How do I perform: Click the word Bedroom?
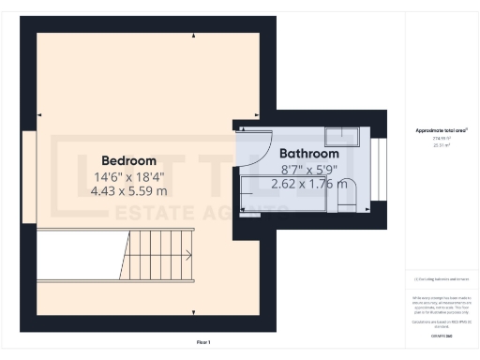click(x=129, y=160)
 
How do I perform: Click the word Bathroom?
click(x=308, y=154)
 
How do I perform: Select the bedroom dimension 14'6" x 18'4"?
click(x=129, y=176)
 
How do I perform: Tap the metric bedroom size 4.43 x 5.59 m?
click(x=129, y=190)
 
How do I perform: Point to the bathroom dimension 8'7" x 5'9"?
click(x=308, y=169)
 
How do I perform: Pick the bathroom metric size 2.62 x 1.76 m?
click(x=308, y=184)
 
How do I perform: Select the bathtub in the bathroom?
click(x=300, y=192)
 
